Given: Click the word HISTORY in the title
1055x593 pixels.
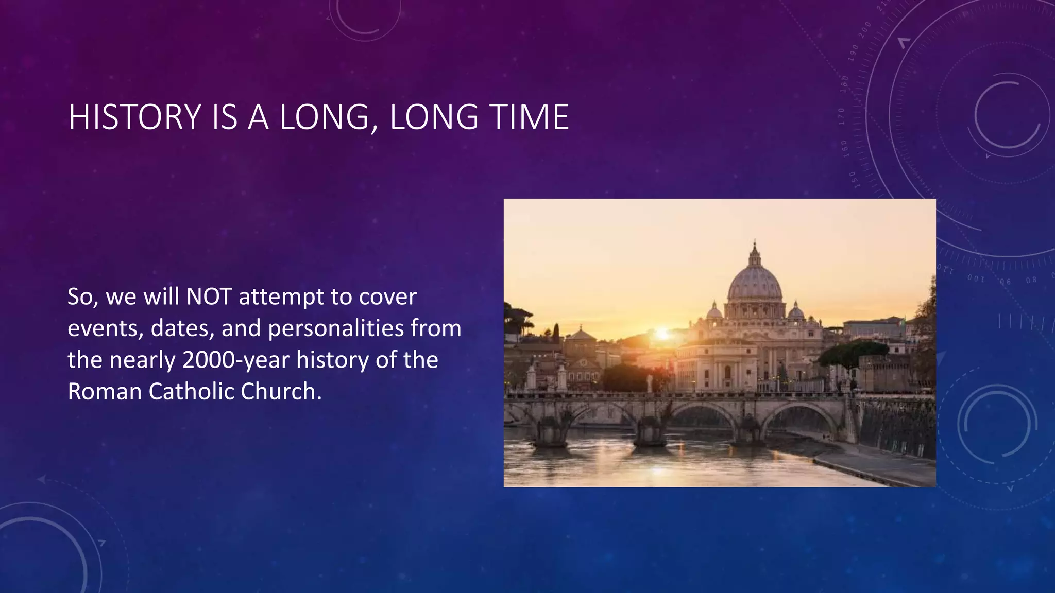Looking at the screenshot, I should coord(134,117).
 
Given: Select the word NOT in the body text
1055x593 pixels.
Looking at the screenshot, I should coord(209,297).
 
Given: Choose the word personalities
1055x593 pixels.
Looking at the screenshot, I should coord(336,328).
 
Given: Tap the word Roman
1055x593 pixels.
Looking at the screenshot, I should coord(104,392).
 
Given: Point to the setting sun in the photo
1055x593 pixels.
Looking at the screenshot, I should coord(662,334).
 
